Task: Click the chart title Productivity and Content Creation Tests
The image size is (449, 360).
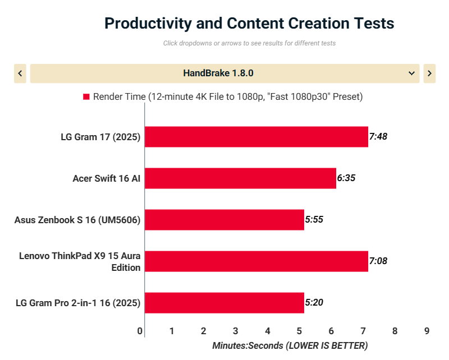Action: point(249,24)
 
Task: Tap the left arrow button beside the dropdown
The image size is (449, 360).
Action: point(20,73)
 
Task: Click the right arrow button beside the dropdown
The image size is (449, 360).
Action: point(429,73)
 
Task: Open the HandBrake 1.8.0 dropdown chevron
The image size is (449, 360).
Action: point(411,73)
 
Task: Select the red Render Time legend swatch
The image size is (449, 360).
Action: point(86,96)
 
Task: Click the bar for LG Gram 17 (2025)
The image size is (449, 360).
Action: point(256,137)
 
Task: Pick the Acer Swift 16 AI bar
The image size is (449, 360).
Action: point(240,178)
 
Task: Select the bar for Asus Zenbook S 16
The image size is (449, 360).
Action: point(224,220)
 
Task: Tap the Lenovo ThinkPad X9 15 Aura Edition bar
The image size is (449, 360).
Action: point(256,261)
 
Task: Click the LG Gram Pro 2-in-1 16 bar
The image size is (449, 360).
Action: point(224,303)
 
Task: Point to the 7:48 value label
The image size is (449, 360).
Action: point(378,137)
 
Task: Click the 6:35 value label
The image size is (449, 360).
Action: point(346,178)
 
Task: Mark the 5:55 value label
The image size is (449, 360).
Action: point(314,220)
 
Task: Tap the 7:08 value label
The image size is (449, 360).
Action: point(378,261)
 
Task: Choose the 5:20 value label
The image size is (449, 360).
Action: point(314,303)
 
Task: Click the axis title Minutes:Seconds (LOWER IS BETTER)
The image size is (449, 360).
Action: point(290,345)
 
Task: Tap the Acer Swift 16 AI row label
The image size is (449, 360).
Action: point(106,178)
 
